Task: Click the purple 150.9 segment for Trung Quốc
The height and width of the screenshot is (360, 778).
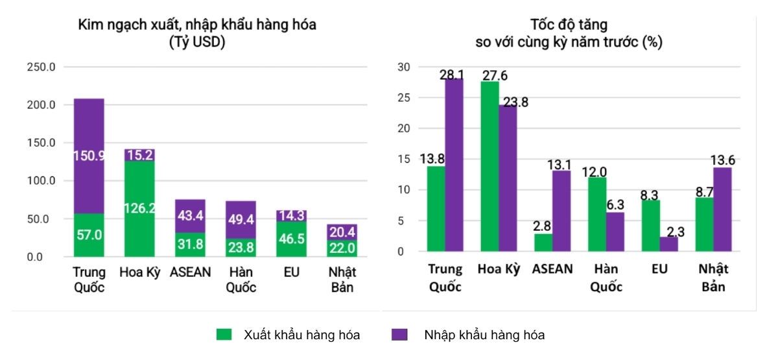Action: (x=89, y=156)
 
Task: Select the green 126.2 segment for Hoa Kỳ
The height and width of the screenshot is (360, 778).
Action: (x=139, y=208)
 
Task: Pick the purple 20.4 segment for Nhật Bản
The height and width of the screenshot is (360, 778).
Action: (x=342, y=232)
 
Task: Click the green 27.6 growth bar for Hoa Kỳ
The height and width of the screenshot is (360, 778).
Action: (x=489, y=166)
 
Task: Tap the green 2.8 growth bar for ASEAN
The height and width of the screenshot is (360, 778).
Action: (x=543, y=242)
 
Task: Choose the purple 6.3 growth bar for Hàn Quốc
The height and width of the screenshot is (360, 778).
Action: (x=615, y=232)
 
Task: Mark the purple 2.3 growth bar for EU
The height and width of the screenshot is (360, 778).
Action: (x=668, y=244)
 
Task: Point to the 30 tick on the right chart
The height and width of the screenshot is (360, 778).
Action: (x=403, y=67)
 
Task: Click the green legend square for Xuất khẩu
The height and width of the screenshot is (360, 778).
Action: (x=224, y=335)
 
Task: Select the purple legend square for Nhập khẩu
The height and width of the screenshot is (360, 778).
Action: (x=400, y=335)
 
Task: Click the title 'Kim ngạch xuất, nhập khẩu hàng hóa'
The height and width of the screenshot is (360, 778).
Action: (x=197, y=25)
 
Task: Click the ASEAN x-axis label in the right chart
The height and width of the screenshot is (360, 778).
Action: (x=552, y=269)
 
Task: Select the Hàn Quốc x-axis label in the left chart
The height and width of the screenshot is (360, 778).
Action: (x=241, y=280)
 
